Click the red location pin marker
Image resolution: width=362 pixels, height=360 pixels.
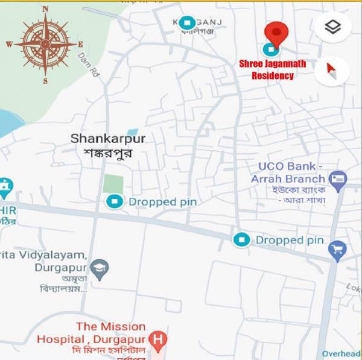point(276,31)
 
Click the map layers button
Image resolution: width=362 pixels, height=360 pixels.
point(332,27)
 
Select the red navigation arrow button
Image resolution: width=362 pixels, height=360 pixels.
point(332,71)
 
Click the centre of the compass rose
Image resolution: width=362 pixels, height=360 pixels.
point(45,44)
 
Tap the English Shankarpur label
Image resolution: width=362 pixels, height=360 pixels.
point(108,138)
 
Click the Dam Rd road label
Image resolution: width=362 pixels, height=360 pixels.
point(87,63)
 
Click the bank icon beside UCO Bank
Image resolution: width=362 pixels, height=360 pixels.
point(336,178)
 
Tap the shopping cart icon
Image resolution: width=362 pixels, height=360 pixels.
point(338,248)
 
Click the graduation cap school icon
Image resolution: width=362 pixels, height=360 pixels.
point(98,267)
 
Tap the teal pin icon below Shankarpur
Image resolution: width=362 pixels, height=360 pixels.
point(113,201)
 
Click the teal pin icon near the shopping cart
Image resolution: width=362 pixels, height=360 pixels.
point(241,240)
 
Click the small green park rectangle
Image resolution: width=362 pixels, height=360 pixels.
point(113,184)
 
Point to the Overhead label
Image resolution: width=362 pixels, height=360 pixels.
point(341,354)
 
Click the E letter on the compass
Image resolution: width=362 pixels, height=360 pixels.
point(80,45)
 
